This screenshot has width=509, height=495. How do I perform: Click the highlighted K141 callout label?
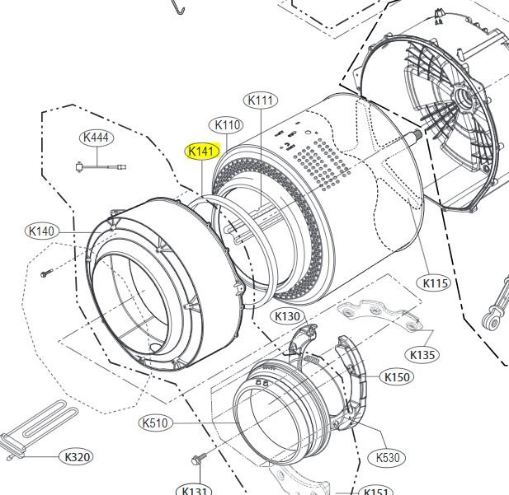pyautogui.click(x=202, y=152)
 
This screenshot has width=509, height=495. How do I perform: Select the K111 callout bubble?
pyautogui.click(x=261, y=100)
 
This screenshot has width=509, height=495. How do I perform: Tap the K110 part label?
pyautogui.click(x=227, y=125)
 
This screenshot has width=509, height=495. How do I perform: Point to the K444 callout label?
pyautogui.click(x=97, y=138)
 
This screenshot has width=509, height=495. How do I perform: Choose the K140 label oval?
pyautogui.click(x=42, y=231)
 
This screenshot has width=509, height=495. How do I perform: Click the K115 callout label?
pyautogui.click(x=433, y=283)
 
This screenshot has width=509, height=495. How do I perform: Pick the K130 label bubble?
pyautogui.click(x=288, y=316)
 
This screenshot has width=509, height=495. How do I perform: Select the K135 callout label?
pyautogui.click(x=422, y=355)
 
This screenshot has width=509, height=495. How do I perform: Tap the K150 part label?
pyautogui.click(x=397, y=377)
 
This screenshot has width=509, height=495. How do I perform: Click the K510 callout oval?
pyautogui.click(x=155, y=423)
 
